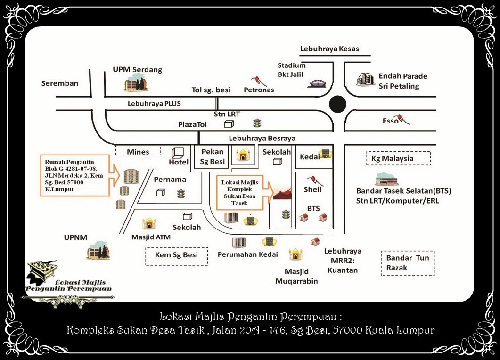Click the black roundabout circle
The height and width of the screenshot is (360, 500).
pyautogui.click(x=337, y=104)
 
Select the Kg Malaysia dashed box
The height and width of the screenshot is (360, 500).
pyautogui.click(x=399, y=158)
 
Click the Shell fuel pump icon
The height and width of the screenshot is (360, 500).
pyautogui.click(x=312, y=180)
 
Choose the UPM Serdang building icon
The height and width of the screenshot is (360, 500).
pyautogui.click(x=136, y=83)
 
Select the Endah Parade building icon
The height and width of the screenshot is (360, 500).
pyautogui.click(x=365, y=79)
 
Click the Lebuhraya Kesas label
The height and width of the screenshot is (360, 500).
pyautogui.click(x=329, y=49)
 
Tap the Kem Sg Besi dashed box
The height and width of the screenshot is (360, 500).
pyautogui.click(x=177, y=255)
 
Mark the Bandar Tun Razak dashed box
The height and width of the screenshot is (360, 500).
pyautogui.click(x=408, y=263)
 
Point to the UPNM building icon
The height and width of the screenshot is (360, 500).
pyautogui.click(x=98, y=251)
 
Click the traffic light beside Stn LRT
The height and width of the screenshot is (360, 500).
pyautogui.click(x=257, y=123)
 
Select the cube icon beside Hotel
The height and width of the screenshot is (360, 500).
pyautogui.click(x=178, y=153)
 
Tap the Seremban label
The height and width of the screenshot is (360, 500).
pyautogui.click(x=60, y=83)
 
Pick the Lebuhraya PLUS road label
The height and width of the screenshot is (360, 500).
pyautogui.click(x=154, y=103)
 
